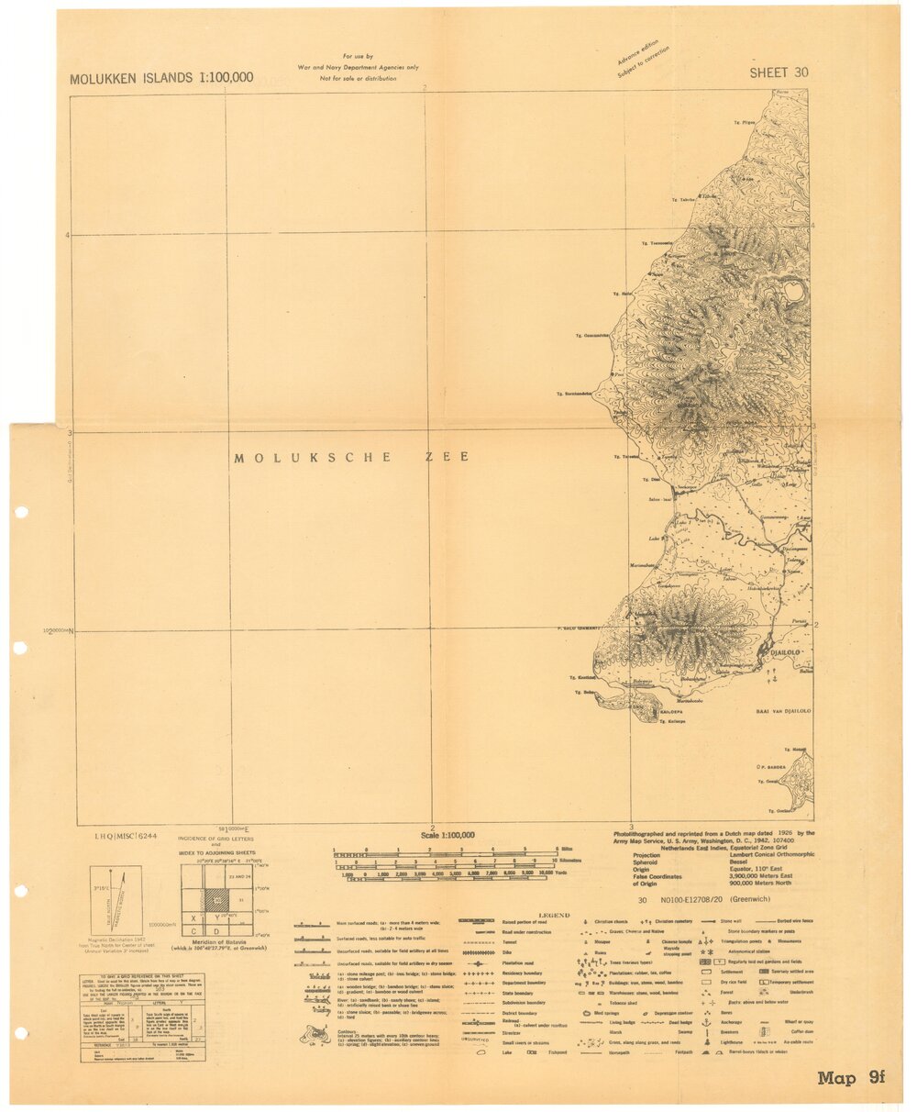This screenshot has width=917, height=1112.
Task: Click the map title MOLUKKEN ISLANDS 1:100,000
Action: [x=161, y=79]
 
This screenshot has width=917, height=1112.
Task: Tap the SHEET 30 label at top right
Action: [x=779, y=73]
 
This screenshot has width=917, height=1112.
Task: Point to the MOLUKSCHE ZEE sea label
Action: [x=351, y=457]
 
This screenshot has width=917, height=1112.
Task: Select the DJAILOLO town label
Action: [x=786, y=652]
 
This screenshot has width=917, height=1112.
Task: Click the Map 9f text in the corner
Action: [x=850, y=1077]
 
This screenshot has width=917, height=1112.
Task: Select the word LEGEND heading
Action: [x=554, y=915]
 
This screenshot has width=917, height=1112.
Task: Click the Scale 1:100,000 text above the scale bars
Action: [x=447, y=836]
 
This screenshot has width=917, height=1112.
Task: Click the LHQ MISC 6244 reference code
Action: [x=126, y=837]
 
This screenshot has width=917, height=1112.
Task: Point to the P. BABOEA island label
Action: [x=773, y=766]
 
